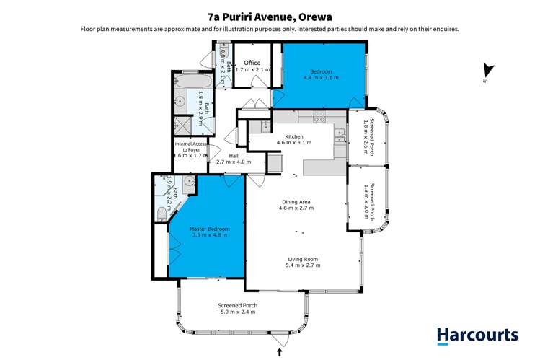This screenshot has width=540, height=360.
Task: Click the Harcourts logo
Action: click(x=477, y=335)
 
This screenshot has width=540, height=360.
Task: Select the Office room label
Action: click(x=252, y=63)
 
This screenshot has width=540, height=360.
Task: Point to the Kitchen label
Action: click(x=294, y=136)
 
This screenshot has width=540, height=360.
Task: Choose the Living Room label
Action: click(x=303, y=259)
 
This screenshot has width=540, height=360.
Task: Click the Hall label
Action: click(x=234, y=156)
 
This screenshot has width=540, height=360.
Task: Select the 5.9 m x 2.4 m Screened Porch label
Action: click(x=238, y=306)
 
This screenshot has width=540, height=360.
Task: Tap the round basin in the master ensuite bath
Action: click(x=190, y=182)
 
